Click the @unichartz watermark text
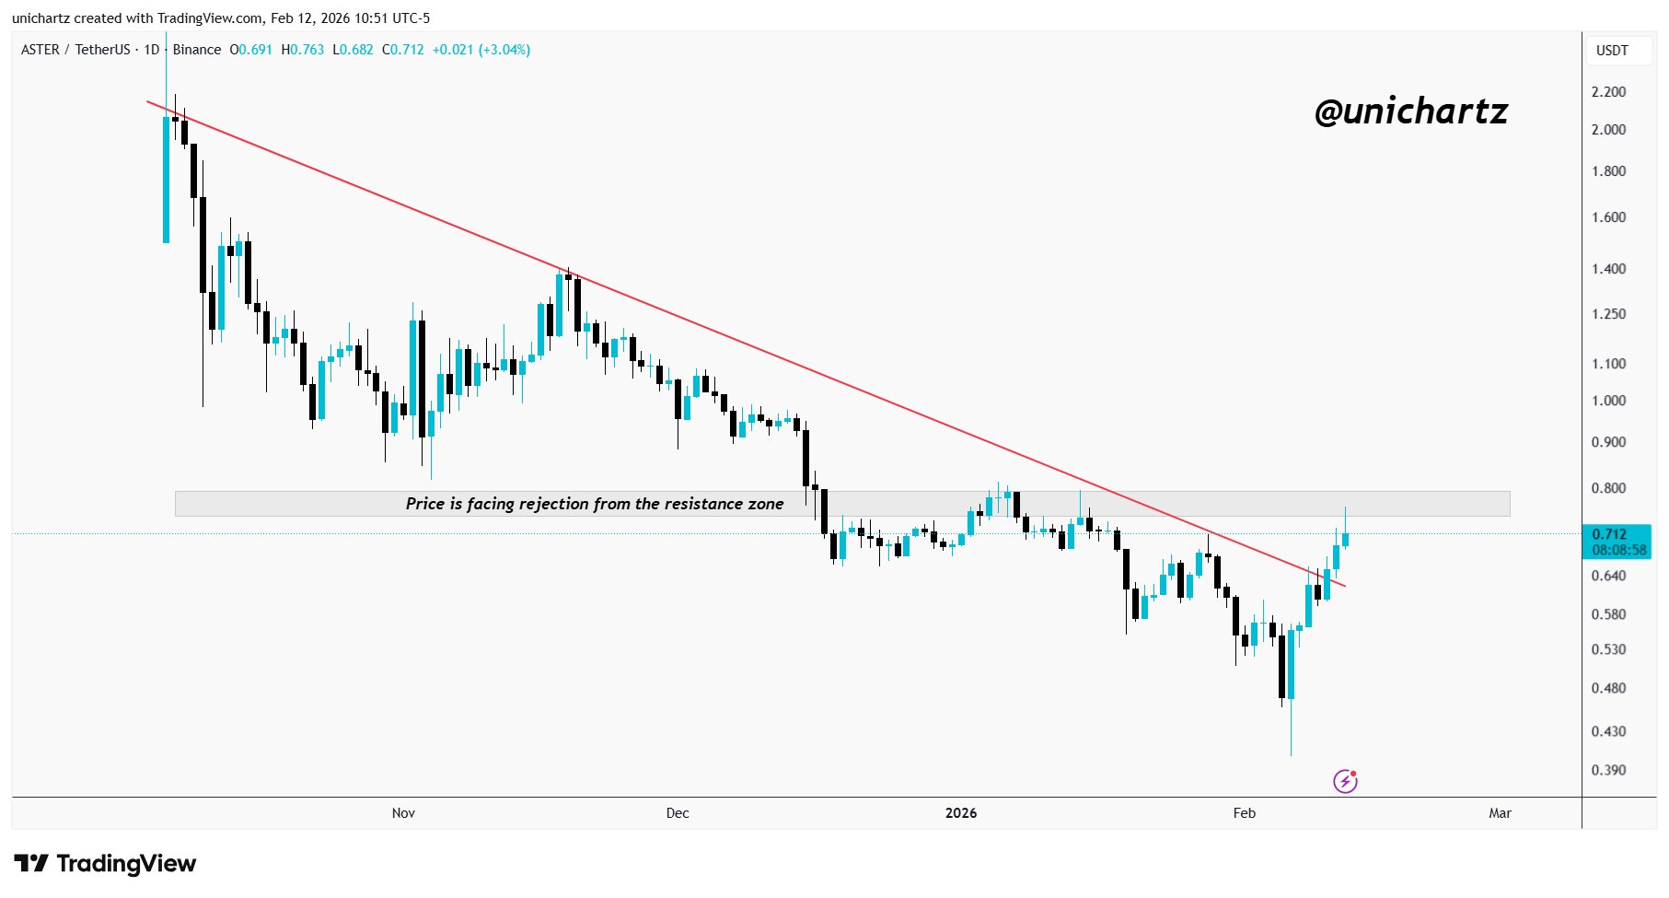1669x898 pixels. (x=1410, y=111)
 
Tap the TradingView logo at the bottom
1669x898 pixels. (x=105, y=864)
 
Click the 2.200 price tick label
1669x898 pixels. (x=1608, y=92)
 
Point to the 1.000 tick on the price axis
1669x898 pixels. (x=1608, y=401)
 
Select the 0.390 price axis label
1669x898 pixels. (x=1608, y=770)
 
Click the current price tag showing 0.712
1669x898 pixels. (x=1609, y=534)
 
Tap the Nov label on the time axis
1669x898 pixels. (x=403, y=812)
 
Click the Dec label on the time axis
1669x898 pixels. (x=678, y=812)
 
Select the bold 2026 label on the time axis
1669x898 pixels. (x=961, y=812)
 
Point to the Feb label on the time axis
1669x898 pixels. (x=1244, y=812)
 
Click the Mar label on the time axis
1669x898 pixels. (x=1500, y=812)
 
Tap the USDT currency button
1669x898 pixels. (x=1612, y=51)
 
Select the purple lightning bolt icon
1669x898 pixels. (x=1345, y=781)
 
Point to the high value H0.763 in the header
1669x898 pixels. (x=303, y=50)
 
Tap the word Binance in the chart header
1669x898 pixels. (x=197, y=50)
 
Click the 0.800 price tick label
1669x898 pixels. (x=1608, y=488)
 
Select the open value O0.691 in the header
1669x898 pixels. (x=251, y=50)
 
